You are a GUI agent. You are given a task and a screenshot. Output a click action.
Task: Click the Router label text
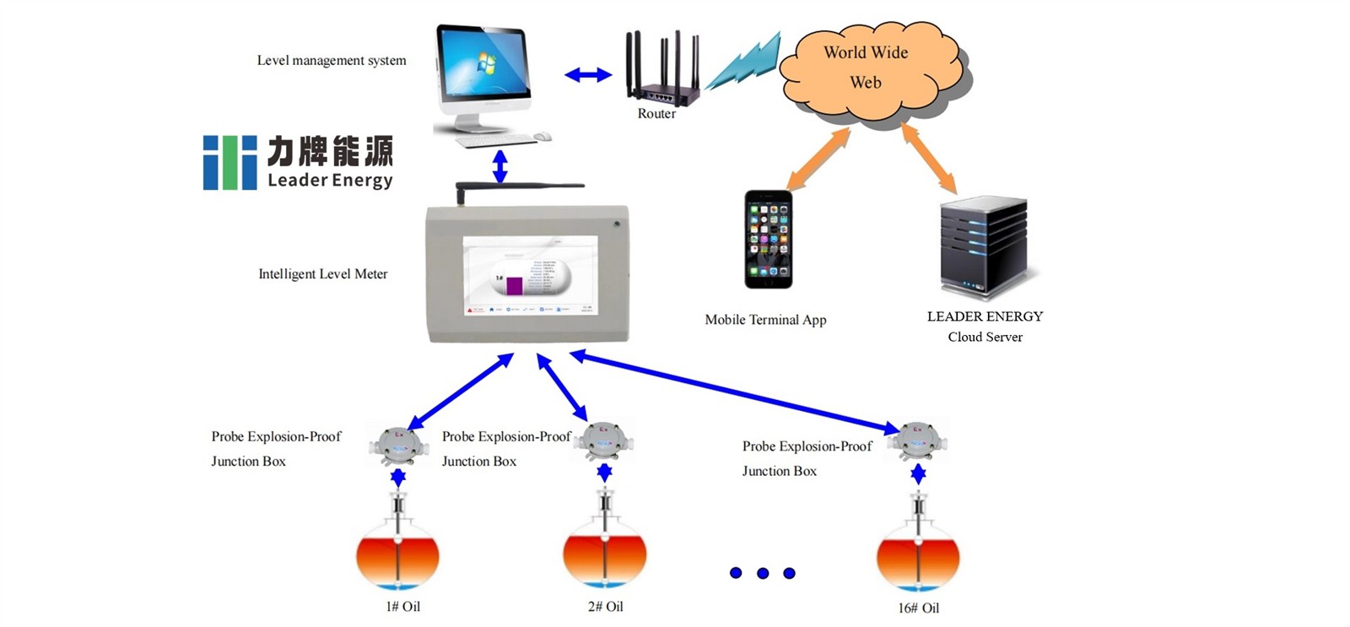point(656,114)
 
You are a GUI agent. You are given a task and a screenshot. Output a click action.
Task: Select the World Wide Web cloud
point(869,68)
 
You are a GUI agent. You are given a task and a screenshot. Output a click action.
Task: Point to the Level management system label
point(332,61)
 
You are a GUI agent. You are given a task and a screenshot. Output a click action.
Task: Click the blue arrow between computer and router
point(588,75)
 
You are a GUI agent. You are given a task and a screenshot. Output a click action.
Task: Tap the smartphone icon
point(768,240)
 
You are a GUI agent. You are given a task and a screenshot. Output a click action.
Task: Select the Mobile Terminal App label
point(765,320)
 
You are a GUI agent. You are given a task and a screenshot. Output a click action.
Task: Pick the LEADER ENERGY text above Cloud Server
point(985,316)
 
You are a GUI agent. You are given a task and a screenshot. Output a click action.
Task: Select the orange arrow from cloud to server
point(929,158)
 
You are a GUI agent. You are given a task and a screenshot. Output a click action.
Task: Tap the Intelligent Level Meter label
point(322,274)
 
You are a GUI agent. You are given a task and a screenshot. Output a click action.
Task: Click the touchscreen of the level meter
point(530,276)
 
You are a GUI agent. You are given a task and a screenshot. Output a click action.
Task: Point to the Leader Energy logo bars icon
point(229,162)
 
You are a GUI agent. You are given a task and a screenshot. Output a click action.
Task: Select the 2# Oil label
point(605,607)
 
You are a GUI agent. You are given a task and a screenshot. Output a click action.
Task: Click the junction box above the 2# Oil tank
point(604,441)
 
